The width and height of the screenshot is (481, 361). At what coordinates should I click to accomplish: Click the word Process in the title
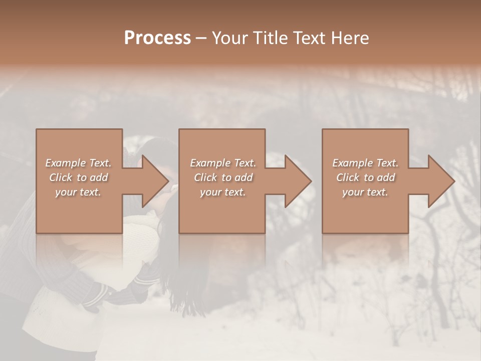(157, 38)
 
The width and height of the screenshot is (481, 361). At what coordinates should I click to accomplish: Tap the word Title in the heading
(270, 38)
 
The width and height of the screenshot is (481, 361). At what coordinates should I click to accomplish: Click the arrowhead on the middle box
(295, 181)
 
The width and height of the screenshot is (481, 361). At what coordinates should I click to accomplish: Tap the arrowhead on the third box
(438, 181)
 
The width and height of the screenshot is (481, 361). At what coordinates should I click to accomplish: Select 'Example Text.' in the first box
(79, 163)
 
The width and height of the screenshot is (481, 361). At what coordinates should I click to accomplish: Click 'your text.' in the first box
(79, 192)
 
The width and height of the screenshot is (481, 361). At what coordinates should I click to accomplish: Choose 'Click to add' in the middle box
(223, 177)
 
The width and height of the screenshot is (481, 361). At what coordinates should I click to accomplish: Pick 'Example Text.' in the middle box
(223, 163)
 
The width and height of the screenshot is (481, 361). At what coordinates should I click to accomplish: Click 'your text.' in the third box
(365, 192)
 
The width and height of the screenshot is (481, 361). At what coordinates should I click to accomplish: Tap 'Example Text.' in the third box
(365, 163)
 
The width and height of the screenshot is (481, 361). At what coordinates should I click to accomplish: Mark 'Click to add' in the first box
(79, 177)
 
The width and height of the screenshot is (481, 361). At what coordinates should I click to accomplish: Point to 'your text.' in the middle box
(223, 192)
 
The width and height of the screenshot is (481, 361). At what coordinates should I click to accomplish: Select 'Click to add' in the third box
(365, 177)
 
